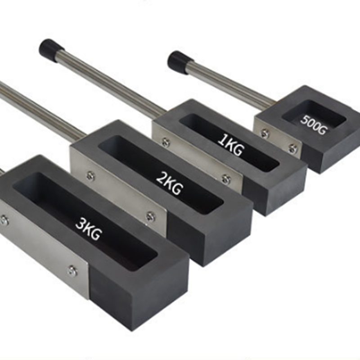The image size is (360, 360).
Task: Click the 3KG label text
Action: click(x=89, y=229)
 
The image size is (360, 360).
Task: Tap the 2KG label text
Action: click(x=170, y=184)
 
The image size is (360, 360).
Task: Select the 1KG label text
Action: click(x=230, y=145)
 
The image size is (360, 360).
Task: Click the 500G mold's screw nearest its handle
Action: click(x=265, y=133)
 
